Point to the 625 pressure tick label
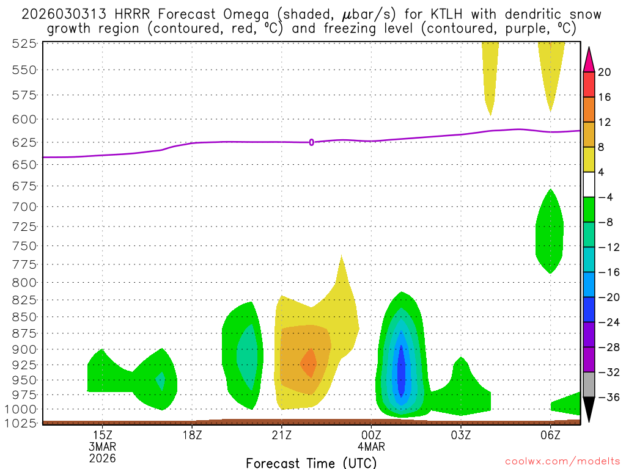pyautogui.click(x=25, y=142)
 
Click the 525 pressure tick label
pyautogui.click(x=25, y=43)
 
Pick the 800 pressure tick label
pyautogui.click(x=25, y=282)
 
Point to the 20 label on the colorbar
pyautogui.click(x=605, y=72)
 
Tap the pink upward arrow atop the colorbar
pyautogui.click(x=589, y=59)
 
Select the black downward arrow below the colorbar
pyautogui.click(x=589, y=410)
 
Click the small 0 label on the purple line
pyautogui.click(x=312, y=142)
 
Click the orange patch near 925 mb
pyautogui.click(x=309, y=363)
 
